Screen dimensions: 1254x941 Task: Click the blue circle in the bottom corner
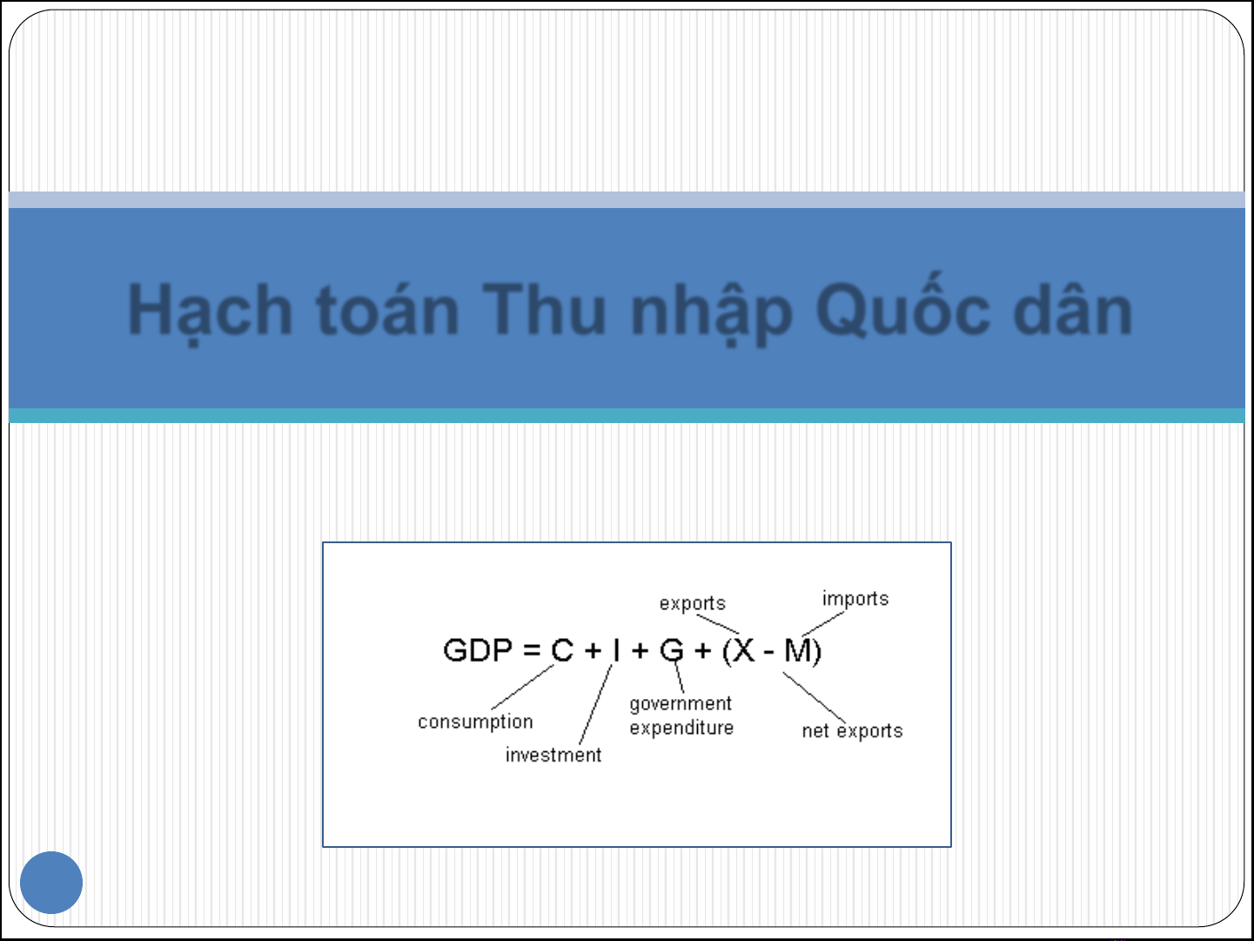point(51,882)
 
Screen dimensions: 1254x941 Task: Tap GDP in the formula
point(478,650)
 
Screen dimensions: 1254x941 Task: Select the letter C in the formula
point(562,650)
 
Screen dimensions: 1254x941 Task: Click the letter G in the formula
point(672,650)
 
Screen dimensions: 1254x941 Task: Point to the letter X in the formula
point(743,650)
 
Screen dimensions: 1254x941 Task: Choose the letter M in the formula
point(798,650)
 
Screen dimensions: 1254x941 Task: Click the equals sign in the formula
point(532,650)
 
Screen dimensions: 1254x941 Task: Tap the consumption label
point(475,723)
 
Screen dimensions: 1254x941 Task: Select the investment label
point(553,755)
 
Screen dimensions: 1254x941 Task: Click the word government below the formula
point(681,704)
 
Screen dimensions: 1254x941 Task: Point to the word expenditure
point(681,729)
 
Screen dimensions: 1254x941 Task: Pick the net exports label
point(852,730)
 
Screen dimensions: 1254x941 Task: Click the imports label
point(855,600)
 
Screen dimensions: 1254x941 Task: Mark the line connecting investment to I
point(595,704)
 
